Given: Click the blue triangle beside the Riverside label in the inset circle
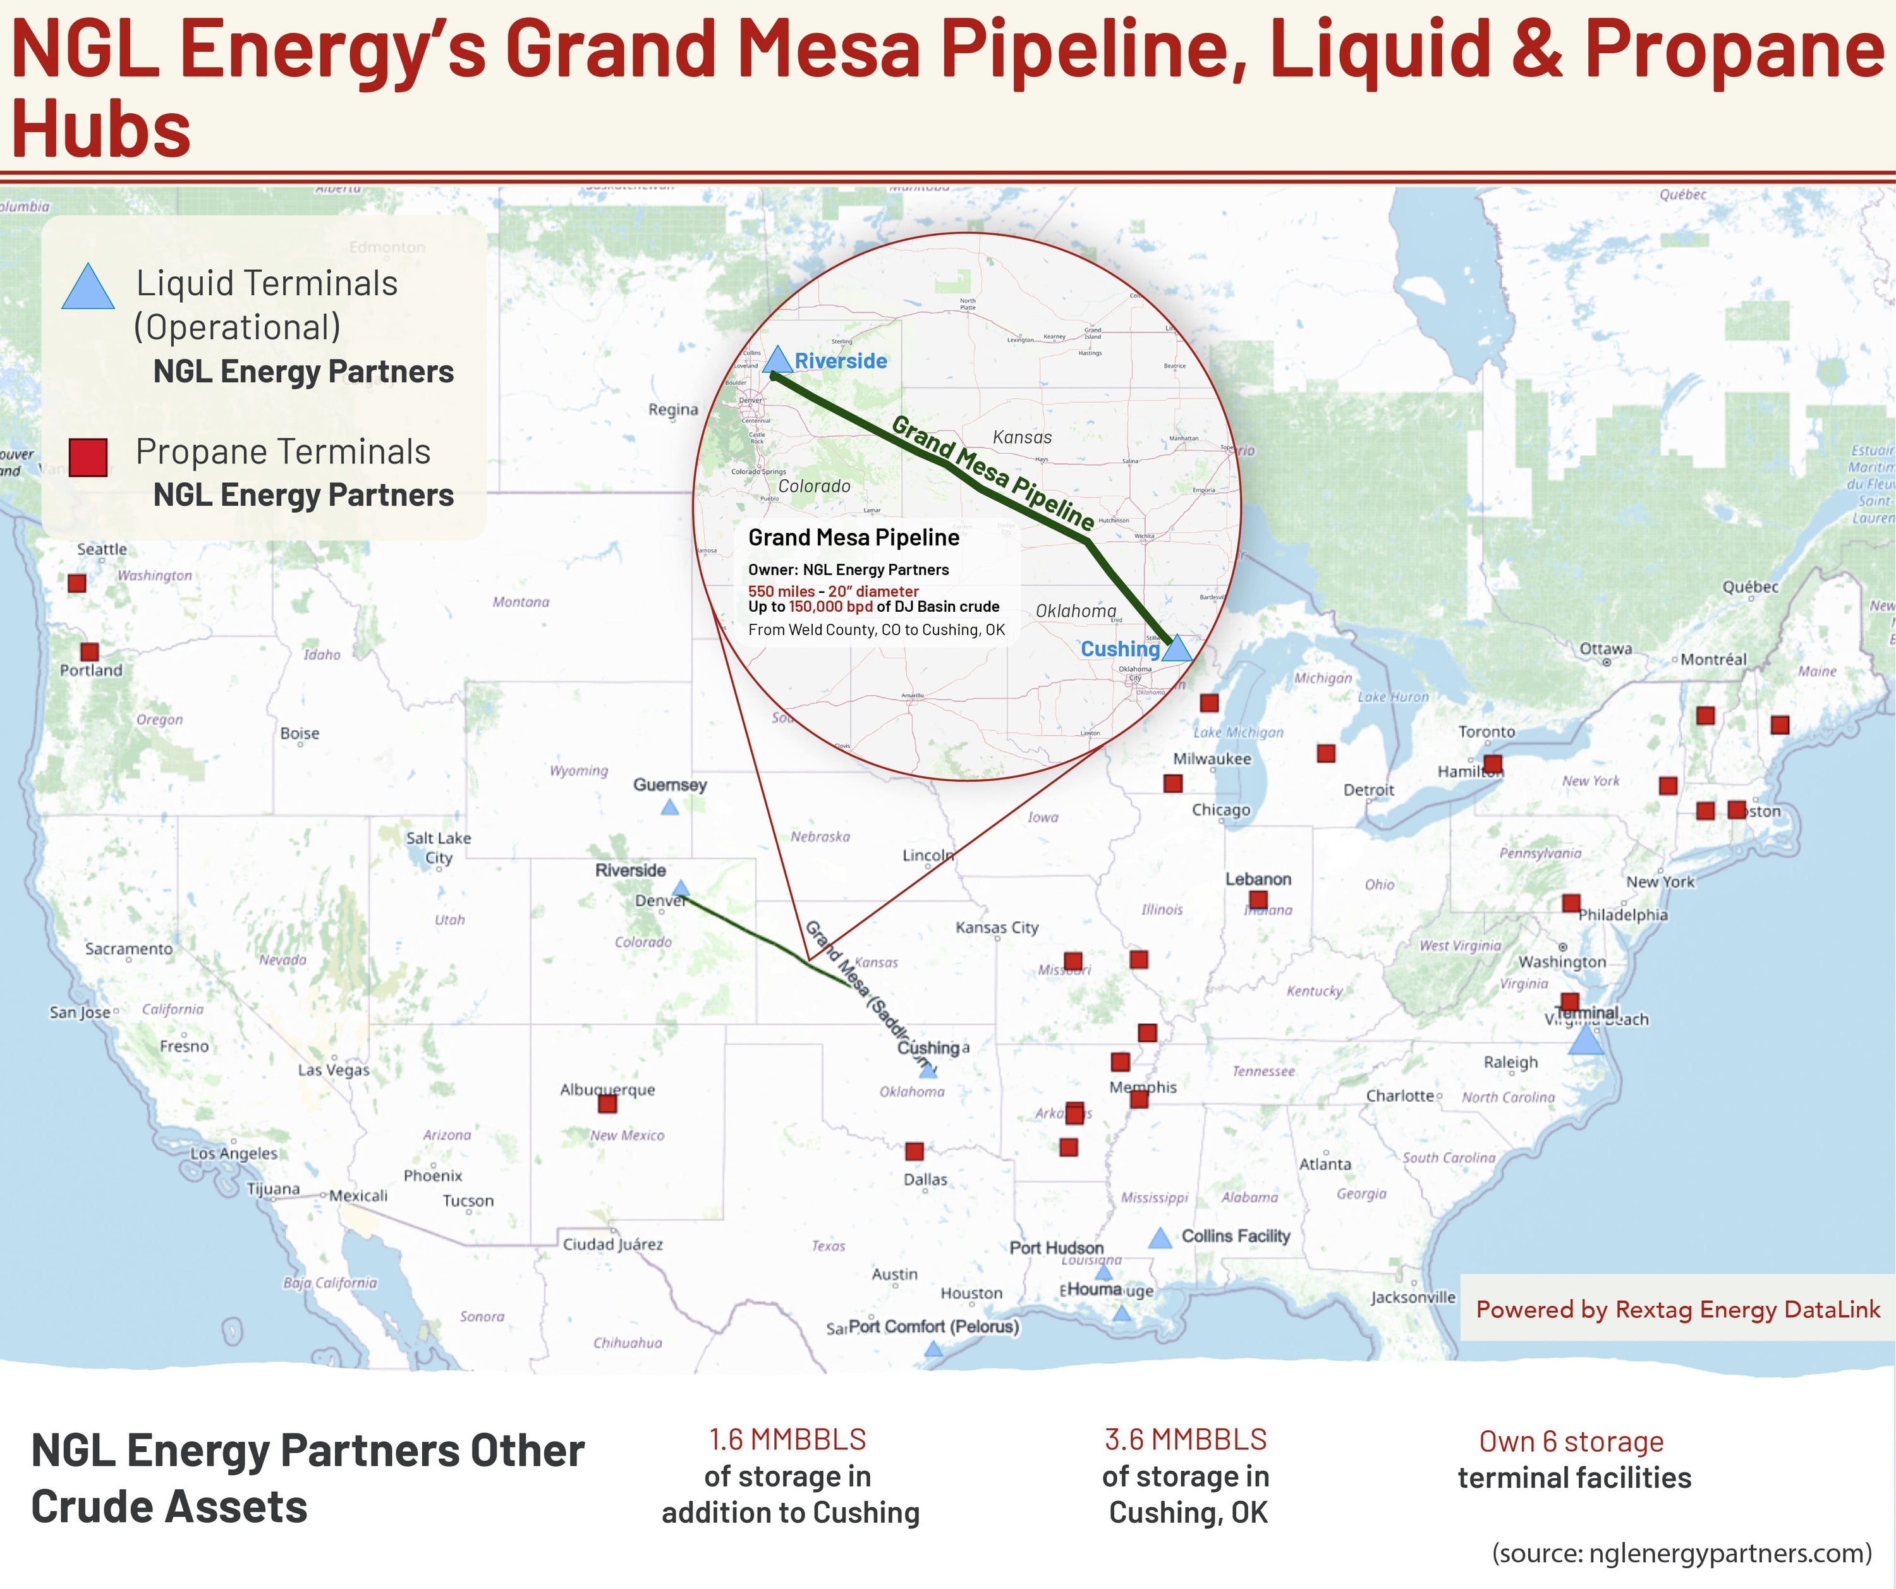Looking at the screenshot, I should click(x=777, y=360).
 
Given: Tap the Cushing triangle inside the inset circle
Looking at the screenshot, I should click(x=1175, y=649).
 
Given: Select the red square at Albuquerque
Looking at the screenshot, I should click(x=607, y=1104).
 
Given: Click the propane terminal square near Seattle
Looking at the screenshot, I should click(x=76, y=583).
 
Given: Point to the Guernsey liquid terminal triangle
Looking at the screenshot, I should click(x=669, y=808).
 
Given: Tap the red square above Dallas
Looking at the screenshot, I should click(x=915, y=1151).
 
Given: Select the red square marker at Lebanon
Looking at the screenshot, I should click(x=1258, y=899).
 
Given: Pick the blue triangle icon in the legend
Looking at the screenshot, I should click(x=88, y=288).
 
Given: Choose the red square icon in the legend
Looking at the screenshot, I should click(x=88, y=457).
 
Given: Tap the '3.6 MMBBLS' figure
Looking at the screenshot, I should click(x=1186, y=1439).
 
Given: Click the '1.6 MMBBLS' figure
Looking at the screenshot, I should click(x=787, y=1439).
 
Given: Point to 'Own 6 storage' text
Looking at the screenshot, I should click(x=1571, y=1442).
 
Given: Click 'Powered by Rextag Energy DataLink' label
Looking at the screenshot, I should click(x=1677, y=1309).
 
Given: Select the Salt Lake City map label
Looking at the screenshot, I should click(x=438, y=848).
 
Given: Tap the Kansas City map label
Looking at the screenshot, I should click(x=997, y=927).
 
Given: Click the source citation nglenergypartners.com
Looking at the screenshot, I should click(x=1681, y=1553).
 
